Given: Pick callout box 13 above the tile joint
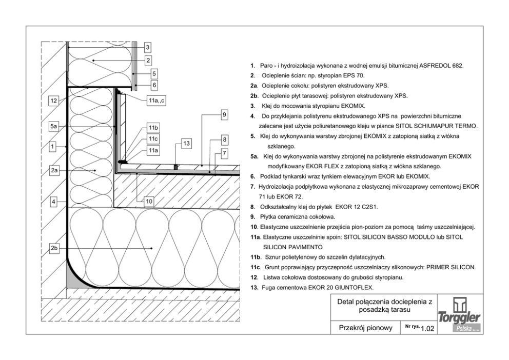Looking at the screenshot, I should coord(186,143).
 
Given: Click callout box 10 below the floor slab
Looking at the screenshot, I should coord(149,202).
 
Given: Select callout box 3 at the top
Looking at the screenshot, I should coord(147,47).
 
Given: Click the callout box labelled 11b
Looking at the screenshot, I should coord(153,127).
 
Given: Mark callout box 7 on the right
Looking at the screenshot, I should coord(224,153).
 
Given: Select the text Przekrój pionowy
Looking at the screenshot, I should coord(365,328).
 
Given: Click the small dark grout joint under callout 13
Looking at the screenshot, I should coord(175,167).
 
